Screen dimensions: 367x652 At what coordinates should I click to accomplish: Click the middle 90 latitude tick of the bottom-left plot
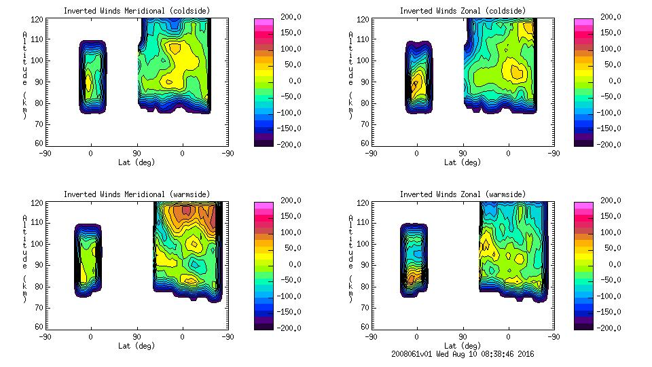(x=137, y=336)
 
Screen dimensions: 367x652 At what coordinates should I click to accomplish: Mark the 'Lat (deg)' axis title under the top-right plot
(x=463, y=162)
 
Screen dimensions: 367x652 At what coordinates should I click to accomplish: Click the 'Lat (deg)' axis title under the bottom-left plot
(x=137, y=345)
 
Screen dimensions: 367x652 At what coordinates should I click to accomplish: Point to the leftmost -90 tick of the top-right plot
(x=371, y=153)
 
